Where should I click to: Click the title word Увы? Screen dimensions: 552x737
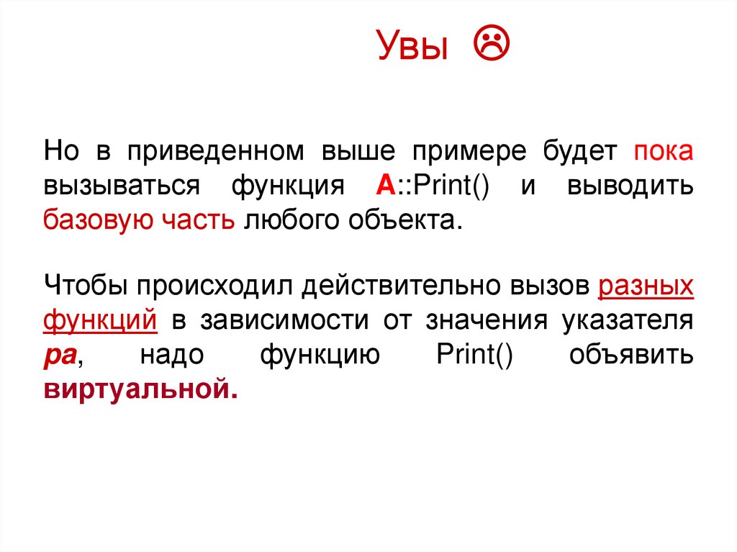click(412, 48)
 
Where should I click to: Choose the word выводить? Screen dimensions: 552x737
click(630, 186)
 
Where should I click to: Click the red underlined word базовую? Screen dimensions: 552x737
click(95, 220)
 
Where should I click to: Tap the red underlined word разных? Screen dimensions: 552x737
click(646, 286)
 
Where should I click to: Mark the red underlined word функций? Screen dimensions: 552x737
click(101, 320)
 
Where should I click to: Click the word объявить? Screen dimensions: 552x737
click(631, 354)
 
